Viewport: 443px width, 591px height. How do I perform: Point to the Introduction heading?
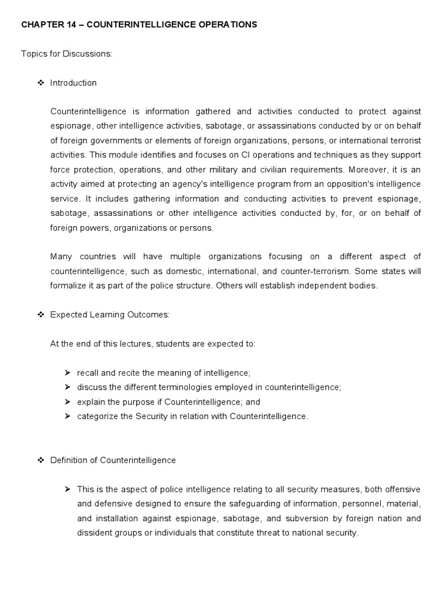(x=73, y=83)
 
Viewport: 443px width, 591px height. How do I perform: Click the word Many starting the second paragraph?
(x=61, y=257)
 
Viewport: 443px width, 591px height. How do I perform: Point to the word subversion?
(x=306, y=518)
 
